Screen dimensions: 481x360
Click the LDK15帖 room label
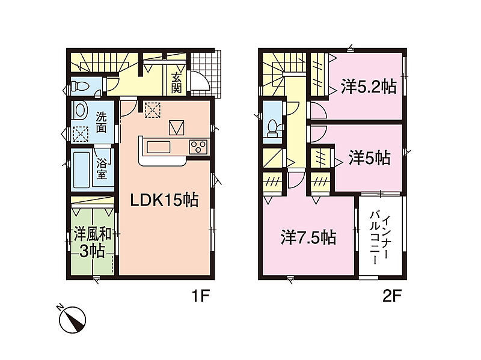[x=164, y=200]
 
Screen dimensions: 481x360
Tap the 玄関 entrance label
[x=176, y=82]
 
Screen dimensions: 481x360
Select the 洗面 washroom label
[x=101, y=123]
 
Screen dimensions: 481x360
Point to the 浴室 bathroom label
[x=102, y=169]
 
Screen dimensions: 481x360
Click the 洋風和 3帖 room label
[x=93, y=243]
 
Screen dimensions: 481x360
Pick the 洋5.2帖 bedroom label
[x=369, y=87]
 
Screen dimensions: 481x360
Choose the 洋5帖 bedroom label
[x=369, y=159]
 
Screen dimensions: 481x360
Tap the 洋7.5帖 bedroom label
[x=308, y=237]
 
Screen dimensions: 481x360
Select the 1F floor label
[x=200, y=296]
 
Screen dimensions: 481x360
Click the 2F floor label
[x=392, y=296]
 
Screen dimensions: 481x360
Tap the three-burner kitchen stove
[x=198, y=146]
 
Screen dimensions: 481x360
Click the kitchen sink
[x=158, y=147]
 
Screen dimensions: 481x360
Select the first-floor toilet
[x=79, y=86]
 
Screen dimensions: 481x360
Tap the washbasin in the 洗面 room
[x=79, y=111]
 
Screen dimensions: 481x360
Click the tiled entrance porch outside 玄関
[x=205, y=74]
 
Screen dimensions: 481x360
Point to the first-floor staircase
[x=99, y=63]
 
